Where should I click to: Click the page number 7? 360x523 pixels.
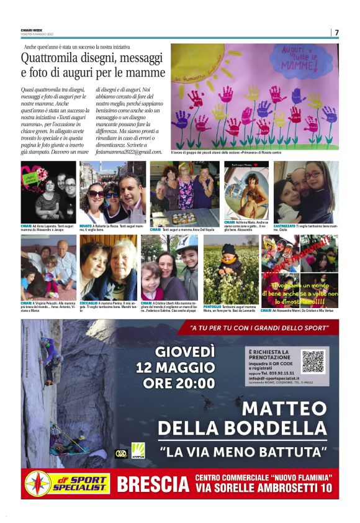pyautogui.click(x=336, y=32)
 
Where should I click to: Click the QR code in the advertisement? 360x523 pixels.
pyautogui.click(x=313, y=361)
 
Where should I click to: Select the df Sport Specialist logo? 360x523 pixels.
pyautogui.click(x=66, y=484)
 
